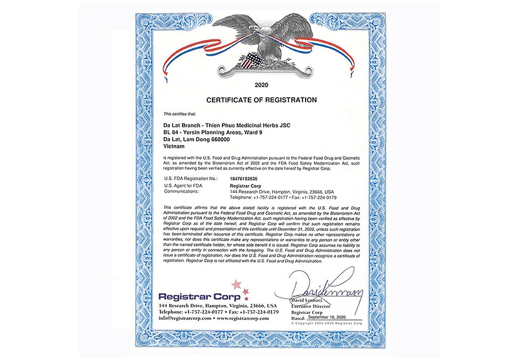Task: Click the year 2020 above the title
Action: click(261, 84)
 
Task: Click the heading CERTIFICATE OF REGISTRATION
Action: click(261, 99)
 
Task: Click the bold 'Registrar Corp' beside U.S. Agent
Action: click(244, 186)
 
